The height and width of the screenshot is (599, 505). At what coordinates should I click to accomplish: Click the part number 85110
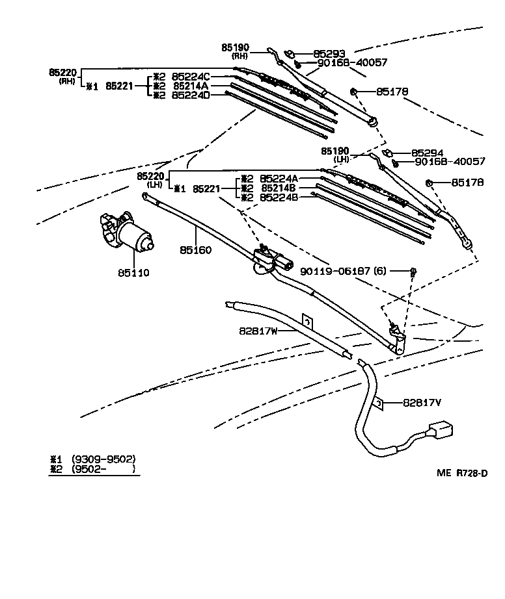tap(133, 273)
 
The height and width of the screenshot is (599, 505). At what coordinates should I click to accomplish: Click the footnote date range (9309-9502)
tap(103, 459)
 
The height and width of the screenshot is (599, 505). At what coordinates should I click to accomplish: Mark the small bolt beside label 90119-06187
tap(413, 270)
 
